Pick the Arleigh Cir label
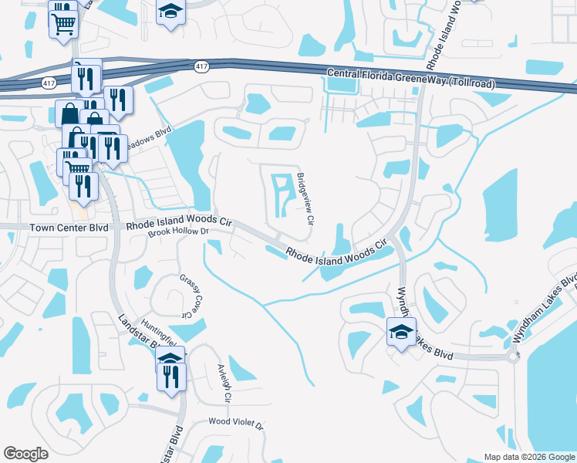point(224,384)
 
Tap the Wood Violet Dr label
point(236,424)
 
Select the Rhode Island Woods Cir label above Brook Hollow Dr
point(179,221)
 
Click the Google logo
point(25,454)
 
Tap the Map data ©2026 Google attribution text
point(529,457)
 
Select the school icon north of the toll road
point(170,12)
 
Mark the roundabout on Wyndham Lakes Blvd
point(513,357)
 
